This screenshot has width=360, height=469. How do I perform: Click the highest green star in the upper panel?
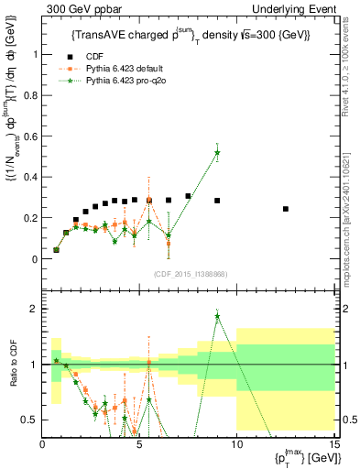217,152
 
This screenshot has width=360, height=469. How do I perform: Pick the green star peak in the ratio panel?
217,316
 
